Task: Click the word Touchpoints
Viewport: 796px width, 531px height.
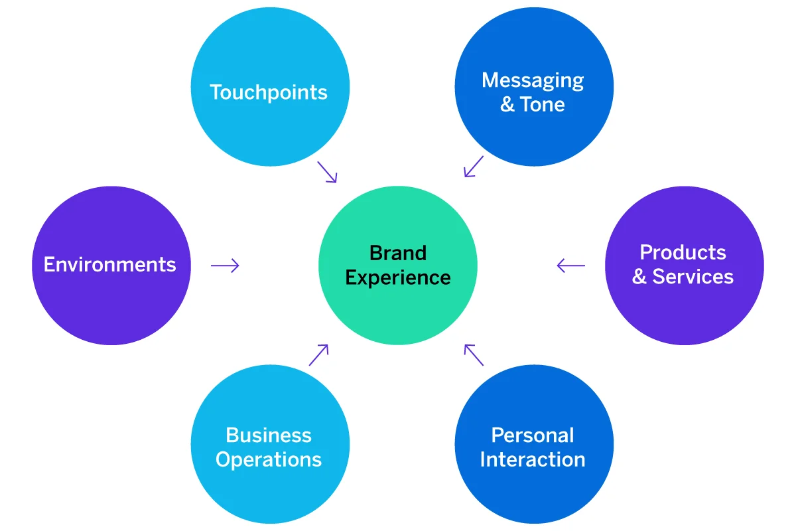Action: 269,92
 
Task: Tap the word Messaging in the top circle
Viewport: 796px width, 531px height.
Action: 533,80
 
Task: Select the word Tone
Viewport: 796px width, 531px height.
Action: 543,105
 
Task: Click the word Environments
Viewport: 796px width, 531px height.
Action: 110,265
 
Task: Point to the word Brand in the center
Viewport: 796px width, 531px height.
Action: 398,253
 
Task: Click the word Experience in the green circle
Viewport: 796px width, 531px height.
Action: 398,277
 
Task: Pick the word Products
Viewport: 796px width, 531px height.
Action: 683,253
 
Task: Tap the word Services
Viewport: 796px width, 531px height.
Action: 693,277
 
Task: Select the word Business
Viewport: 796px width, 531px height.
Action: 269,435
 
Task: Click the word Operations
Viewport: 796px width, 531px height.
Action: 269,459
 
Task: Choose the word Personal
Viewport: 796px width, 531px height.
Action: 533,435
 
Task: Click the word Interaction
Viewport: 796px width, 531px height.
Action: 533,459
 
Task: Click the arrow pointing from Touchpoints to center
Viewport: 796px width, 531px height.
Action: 328,172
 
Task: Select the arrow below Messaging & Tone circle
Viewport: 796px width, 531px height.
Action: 474,167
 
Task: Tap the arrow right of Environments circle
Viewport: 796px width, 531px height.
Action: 225,265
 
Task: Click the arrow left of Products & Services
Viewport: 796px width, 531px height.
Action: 571,265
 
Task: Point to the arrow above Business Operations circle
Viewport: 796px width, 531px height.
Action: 319,354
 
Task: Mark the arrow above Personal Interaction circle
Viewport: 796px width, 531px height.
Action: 474,354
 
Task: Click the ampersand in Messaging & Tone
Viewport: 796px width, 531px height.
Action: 507,105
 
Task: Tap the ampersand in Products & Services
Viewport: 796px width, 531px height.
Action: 639,277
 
